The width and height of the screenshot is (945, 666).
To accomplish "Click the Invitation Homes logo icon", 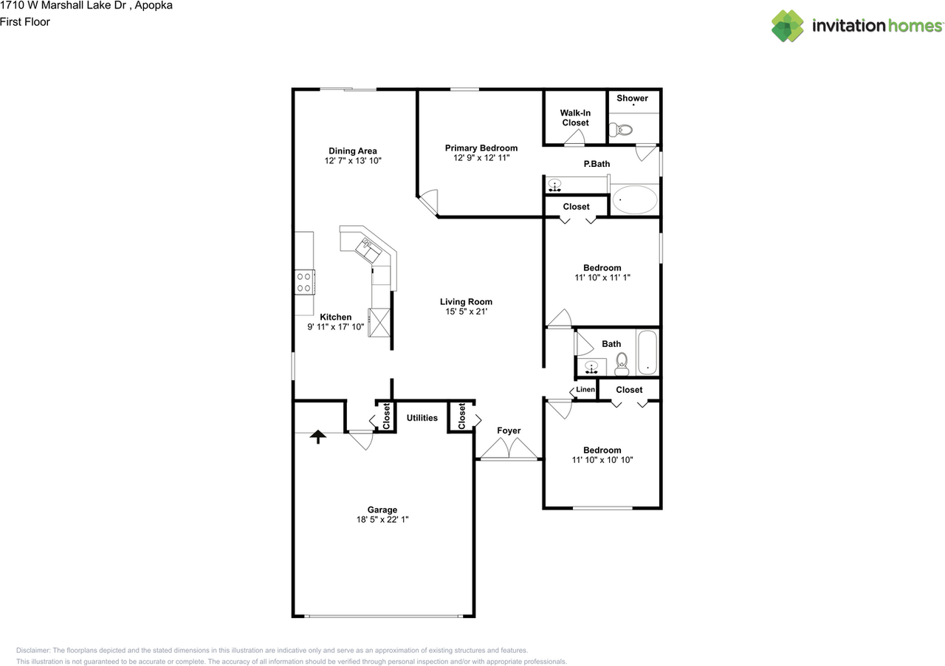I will [788, 26].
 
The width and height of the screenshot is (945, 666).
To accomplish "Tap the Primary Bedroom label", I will [481, 148].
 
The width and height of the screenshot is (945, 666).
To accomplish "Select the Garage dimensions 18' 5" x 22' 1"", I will [382, 520].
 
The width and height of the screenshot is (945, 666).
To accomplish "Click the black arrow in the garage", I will [317, 436].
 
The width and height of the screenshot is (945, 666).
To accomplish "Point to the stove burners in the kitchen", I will [303, 282].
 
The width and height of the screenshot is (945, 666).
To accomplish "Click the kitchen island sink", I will [369, 250].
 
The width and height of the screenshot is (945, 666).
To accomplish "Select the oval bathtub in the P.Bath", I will [634, 199].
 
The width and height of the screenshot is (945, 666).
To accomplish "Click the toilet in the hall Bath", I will [621, 361].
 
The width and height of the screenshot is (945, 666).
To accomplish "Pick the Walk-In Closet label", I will [575, 117].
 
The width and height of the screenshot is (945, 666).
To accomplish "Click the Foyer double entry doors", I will [508, 449].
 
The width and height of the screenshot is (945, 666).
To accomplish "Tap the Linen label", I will [585, 389].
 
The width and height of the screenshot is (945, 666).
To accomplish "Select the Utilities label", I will [422, 418].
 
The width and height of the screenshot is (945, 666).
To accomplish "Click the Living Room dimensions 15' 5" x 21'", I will [466, 312].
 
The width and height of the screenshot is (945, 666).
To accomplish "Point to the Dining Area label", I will [352, 151].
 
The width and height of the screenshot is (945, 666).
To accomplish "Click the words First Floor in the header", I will [25, 22].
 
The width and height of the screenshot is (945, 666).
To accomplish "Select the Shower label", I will [632, 97].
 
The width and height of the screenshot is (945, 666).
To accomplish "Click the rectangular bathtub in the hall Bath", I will [647, 354].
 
